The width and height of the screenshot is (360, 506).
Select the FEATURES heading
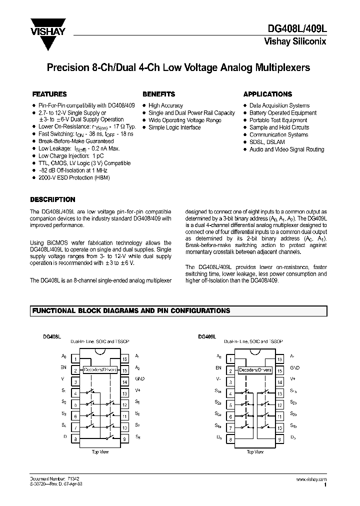tap(49, 94)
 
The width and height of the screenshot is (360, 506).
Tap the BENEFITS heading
tap(159, 94)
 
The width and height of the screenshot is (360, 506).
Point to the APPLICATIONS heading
tap(267, 94)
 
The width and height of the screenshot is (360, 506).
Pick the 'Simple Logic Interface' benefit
tap(174, 127)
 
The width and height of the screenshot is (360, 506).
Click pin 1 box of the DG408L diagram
tap(74, 359)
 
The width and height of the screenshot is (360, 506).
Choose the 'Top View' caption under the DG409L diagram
tap(255, 451)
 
